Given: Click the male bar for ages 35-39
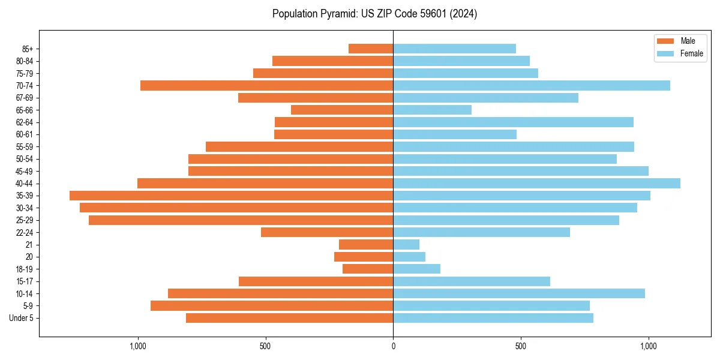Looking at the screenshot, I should tap(231, 196).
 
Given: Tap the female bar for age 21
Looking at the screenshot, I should tap(406, 244).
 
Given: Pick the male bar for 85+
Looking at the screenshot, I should tap(371, 49).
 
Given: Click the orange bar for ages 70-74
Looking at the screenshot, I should tap(266, 85).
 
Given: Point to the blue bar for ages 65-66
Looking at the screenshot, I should tap(432, 110).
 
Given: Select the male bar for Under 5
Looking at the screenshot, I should tap(289, 318).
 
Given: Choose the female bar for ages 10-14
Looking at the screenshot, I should tap(519, 293).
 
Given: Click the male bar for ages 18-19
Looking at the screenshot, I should tap(368, 269).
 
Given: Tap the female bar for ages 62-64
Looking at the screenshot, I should tap(513, 122).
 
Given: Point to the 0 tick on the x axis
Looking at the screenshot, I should tap(393, 346).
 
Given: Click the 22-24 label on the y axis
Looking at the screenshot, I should tap(25, 232).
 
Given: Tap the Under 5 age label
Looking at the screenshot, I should tap(21, 318).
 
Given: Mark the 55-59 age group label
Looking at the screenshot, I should tap(25, 146).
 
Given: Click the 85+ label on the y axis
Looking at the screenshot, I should tap(27, 49).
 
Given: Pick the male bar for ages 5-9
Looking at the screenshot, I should tap(272, 305).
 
